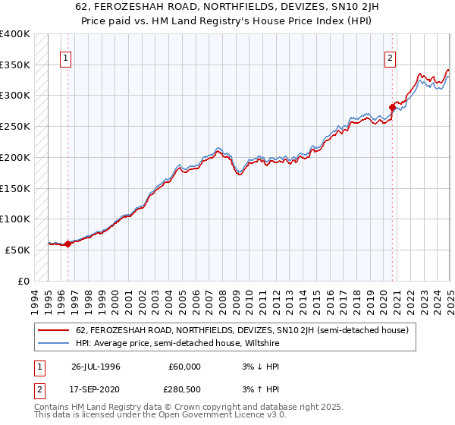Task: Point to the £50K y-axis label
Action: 17,250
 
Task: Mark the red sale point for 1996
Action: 67,244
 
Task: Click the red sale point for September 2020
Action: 392,107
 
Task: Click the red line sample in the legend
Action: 54,330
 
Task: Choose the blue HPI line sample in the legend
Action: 54,343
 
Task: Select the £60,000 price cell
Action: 185,367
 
